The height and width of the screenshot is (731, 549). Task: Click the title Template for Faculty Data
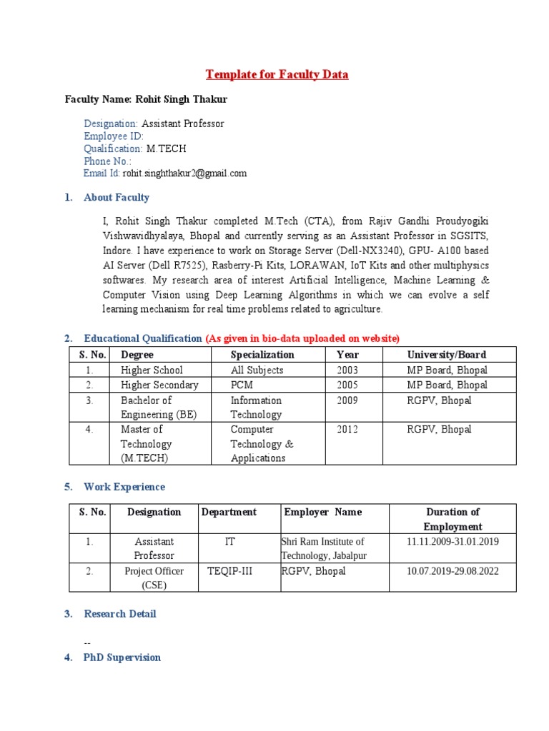pyautogui.click(x=277, y=74)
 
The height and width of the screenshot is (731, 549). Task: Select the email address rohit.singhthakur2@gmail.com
pyautogui.click(x=184, y=173)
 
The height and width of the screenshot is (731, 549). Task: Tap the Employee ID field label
pyautogui.click(x=114, y=136)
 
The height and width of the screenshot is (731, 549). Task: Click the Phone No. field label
pyautogui.click(x=108, y=161)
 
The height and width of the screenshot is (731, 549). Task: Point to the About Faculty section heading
pyautogui.click(x=117, y=197)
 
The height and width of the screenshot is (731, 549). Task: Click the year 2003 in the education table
pyautogui.click(x=347, y=370)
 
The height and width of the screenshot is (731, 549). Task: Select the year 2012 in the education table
pyautogui.click(x=347, y=429)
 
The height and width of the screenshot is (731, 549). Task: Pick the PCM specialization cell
pyautogui.click(x=243, y=385)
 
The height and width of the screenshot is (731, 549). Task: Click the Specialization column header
pyautogui.click(x=262, y=354)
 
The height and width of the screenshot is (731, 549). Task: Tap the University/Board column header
pyautogui.click(x=446, y=354)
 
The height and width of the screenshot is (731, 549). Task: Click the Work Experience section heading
pyautogui.click(x=124, y=487)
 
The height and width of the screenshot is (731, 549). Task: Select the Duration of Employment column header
pyautogui.click(x=452, y=519)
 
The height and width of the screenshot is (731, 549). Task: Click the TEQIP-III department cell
pyautogui.click(x=229, y=571)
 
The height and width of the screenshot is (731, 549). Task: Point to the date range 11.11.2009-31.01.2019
pyautogui.click(x=452, y=541)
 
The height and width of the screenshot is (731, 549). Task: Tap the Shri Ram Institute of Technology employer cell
pyautogui.click(x=323, y=548)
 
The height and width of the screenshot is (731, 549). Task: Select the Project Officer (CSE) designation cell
pyautogui.click(x=154, y=578)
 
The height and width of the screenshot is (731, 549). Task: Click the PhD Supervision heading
pyautogui.click(x=122, y=657)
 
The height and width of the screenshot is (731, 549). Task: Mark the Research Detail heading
pyautogui.click(x=119, y=614)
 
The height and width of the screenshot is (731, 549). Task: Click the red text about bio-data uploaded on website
pyautogui.click(x=302, y=338)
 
